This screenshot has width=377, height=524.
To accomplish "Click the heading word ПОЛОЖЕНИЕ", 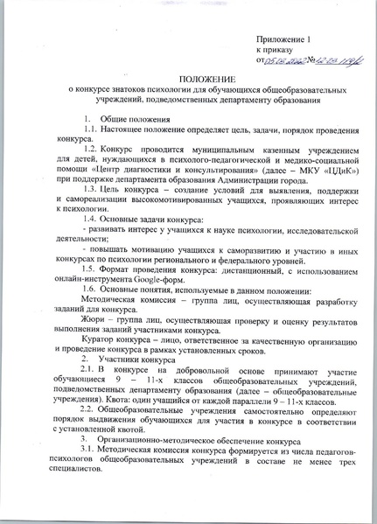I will point(188,80).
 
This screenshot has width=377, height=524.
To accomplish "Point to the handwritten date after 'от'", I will point(279,61).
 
